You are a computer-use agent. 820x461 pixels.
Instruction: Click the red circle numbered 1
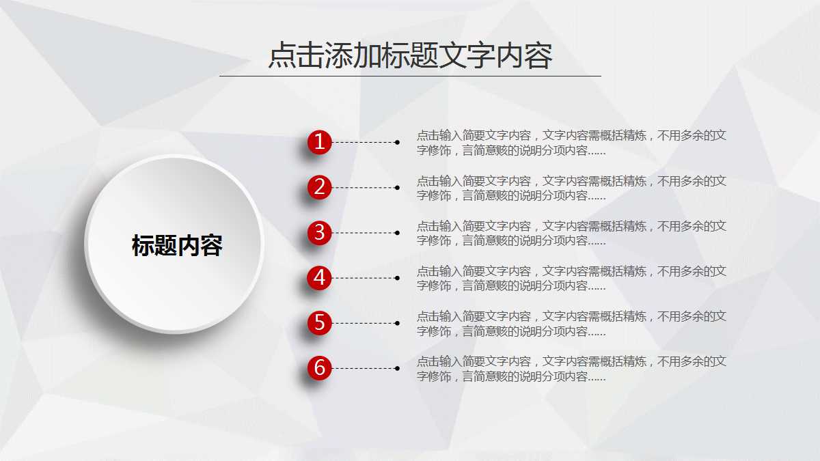click(319, 142)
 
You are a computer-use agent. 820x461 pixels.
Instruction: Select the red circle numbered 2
click(319, 187)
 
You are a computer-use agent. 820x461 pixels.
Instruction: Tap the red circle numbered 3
click(319, 233)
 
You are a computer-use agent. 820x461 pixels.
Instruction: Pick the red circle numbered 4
click(319, 278)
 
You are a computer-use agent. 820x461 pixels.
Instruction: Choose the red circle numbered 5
click(319, 323)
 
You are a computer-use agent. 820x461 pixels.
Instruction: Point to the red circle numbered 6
click(319, 368)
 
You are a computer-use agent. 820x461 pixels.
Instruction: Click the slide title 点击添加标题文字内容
click(410, 55)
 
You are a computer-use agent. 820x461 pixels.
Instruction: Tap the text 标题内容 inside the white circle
click(177, 246)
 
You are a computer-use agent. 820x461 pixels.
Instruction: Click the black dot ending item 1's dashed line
click(397, 142)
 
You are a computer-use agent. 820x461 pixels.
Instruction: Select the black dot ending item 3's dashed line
click(397, 233)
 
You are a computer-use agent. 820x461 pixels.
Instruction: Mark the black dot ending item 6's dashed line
click(397, 368)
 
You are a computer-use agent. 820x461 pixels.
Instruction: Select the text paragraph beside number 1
click(571, 143)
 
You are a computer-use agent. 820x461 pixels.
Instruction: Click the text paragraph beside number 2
click(571, 188)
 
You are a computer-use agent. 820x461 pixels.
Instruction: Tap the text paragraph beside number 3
click(571, 233)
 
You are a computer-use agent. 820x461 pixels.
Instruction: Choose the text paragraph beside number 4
click(571, 278)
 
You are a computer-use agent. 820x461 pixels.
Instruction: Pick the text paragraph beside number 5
click(571, 324)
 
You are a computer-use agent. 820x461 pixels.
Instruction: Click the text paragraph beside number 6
click(571, 369)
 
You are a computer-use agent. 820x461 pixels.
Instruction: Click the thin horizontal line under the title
click(410, 76)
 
